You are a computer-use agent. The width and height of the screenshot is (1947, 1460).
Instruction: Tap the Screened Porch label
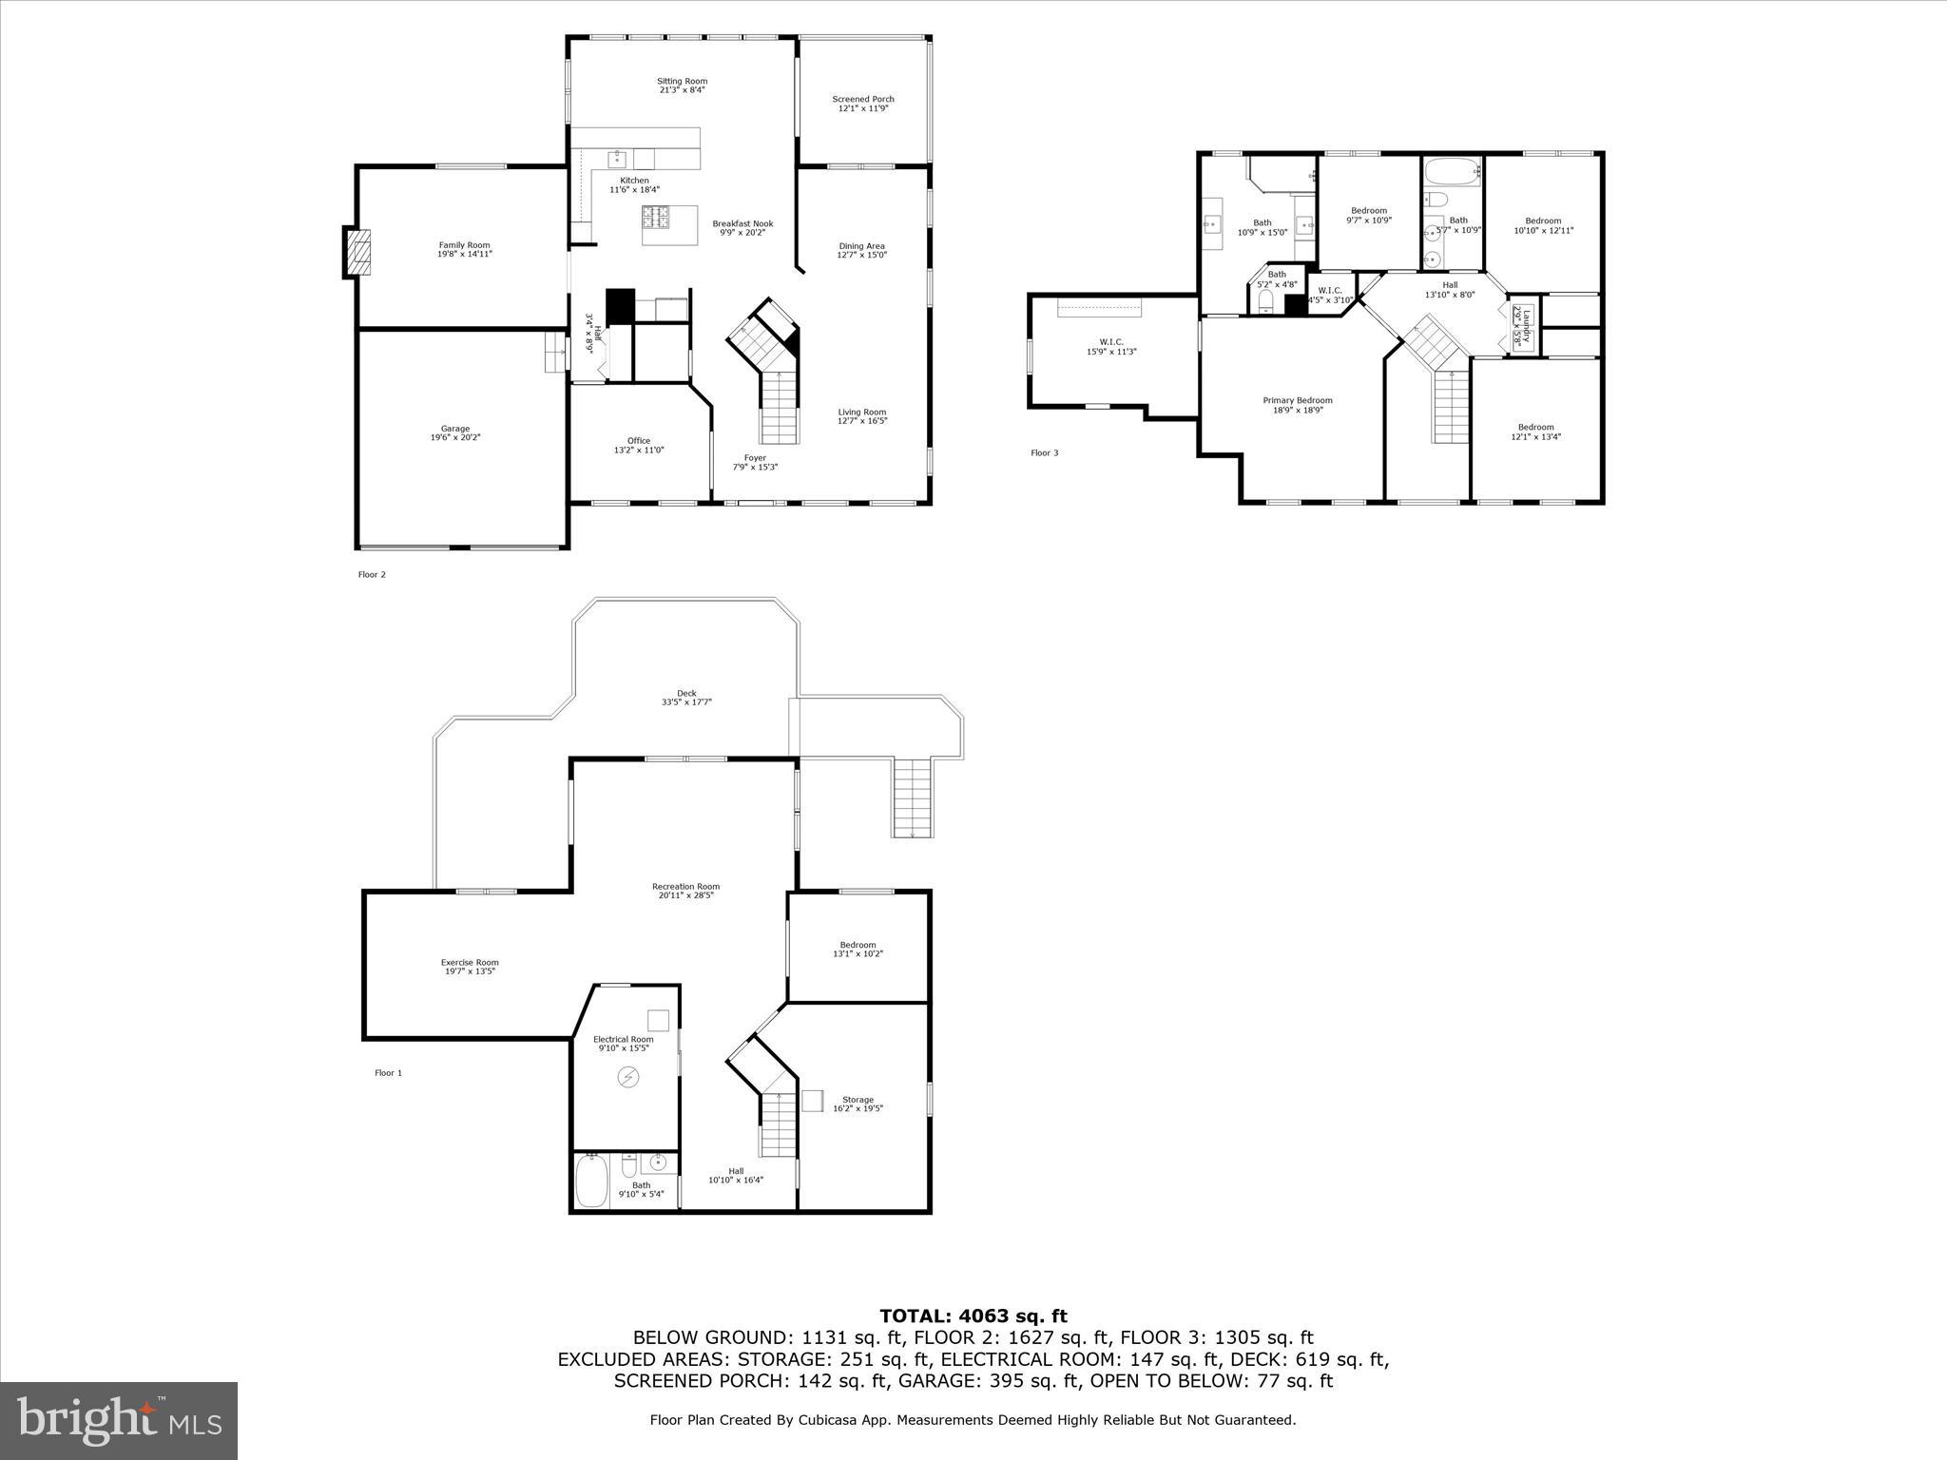[862, 99]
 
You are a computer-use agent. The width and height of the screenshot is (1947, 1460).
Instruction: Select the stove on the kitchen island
[655, 217]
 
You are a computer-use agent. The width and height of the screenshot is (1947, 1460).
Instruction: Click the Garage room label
[454, 429]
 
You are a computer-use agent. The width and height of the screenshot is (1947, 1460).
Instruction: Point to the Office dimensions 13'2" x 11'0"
[638, 450]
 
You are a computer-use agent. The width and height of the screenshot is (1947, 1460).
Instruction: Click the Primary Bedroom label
[1297, 400]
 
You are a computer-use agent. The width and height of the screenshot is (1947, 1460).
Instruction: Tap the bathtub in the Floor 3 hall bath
[1451, 172]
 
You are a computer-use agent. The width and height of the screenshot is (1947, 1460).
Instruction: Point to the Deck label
[686, 693]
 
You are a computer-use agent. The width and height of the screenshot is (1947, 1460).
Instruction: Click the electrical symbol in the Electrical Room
[627, 1076]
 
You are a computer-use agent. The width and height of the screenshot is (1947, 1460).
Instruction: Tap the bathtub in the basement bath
[590, 1180]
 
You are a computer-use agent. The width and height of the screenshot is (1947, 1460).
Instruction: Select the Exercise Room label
[470, 962]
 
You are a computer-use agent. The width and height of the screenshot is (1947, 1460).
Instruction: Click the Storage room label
[858, 1099]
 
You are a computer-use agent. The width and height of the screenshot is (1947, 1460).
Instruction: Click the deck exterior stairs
[910, 797]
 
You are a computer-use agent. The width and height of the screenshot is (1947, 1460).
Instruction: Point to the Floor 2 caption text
[372, 574]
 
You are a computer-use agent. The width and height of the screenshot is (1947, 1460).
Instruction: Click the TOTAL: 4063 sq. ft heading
[973, 1316]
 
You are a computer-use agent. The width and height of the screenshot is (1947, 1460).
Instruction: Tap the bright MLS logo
[119, 1420]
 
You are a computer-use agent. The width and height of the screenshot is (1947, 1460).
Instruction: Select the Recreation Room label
[685, 886]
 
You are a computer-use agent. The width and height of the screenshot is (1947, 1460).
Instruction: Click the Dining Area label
[861, 246]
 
